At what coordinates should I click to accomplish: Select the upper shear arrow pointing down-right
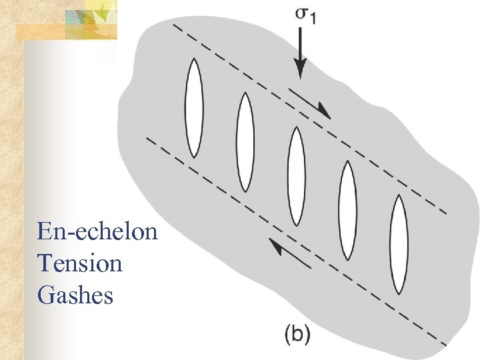tap(311, 101)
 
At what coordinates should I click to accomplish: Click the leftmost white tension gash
tap(193, 107)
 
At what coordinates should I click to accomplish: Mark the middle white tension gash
tap(296, 175)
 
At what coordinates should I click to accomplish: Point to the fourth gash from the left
tap(347, 211)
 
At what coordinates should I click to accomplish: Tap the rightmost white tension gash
tap(398, 244)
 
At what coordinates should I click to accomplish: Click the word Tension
tap(81, 263)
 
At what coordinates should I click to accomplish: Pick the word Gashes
tap(76, 295)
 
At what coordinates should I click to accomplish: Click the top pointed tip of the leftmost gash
tap(193, 59)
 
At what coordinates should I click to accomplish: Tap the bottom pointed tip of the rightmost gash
tap(398, 293)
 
